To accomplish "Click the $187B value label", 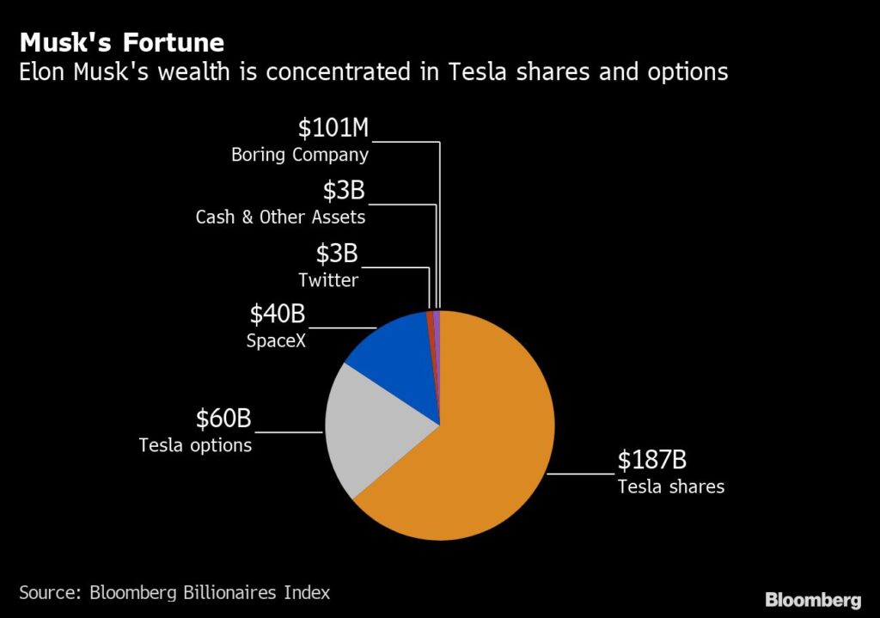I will (x=653, y=461).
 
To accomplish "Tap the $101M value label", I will (x=333, y=128).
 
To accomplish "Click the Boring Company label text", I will (x=300, y=156).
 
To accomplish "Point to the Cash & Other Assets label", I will (x=280, y=217).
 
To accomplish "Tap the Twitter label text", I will (x=328, y=280).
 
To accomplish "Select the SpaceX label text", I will (x=277, y=341).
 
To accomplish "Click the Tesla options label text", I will (x=195, y=445).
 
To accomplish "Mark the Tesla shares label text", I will (x=670, y=487).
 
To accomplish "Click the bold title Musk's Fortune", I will (x=122, y=42).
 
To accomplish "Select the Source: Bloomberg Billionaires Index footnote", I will (x=174, y=592).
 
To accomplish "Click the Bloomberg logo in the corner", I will (x=813, y=599).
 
